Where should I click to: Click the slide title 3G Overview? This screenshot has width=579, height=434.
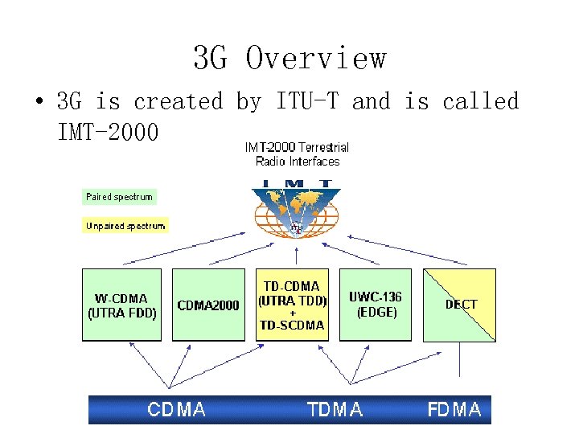[289, 58]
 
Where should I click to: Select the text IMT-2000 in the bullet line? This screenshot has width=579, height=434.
[108, 130]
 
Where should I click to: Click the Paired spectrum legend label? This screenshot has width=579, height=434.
[119, 196]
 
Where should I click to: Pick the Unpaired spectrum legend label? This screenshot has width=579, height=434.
[125, 226]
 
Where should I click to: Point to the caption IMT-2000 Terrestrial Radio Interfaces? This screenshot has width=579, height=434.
[297, 154]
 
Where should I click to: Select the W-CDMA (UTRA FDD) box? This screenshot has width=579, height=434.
[122, 305]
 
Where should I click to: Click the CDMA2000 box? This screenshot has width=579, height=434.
[208, 305]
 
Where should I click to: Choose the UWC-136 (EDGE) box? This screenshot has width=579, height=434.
[376, 305]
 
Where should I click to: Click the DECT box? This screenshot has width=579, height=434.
[460, 305]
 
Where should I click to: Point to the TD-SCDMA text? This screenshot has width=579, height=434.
[292, 325]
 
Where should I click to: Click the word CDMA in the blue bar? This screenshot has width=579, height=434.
[176, 410]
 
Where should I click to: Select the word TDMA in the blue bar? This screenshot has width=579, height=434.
[335, 410]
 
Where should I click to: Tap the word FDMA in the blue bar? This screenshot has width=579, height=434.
[454, 410]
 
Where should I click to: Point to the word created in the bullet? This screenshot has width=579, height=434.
[178, 102]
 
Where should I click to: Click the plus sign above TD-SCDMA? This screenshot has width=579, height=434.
[292, 313]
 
